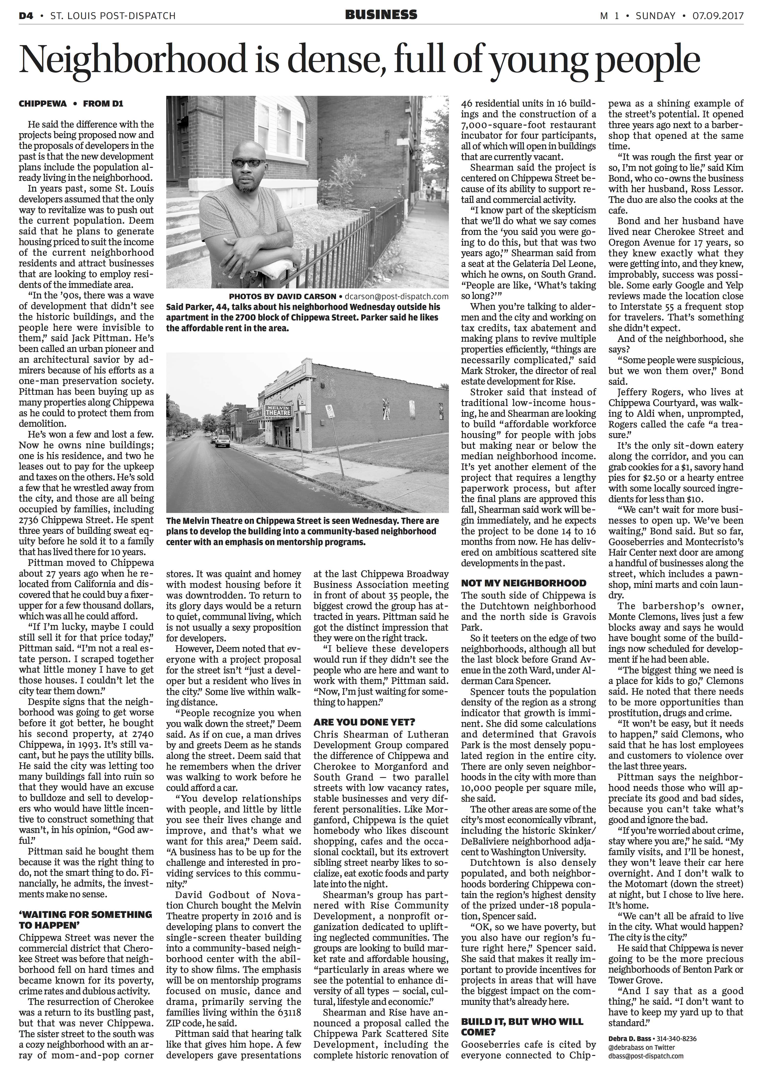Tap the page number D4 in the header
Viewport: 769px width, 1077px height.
(26, 16)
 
